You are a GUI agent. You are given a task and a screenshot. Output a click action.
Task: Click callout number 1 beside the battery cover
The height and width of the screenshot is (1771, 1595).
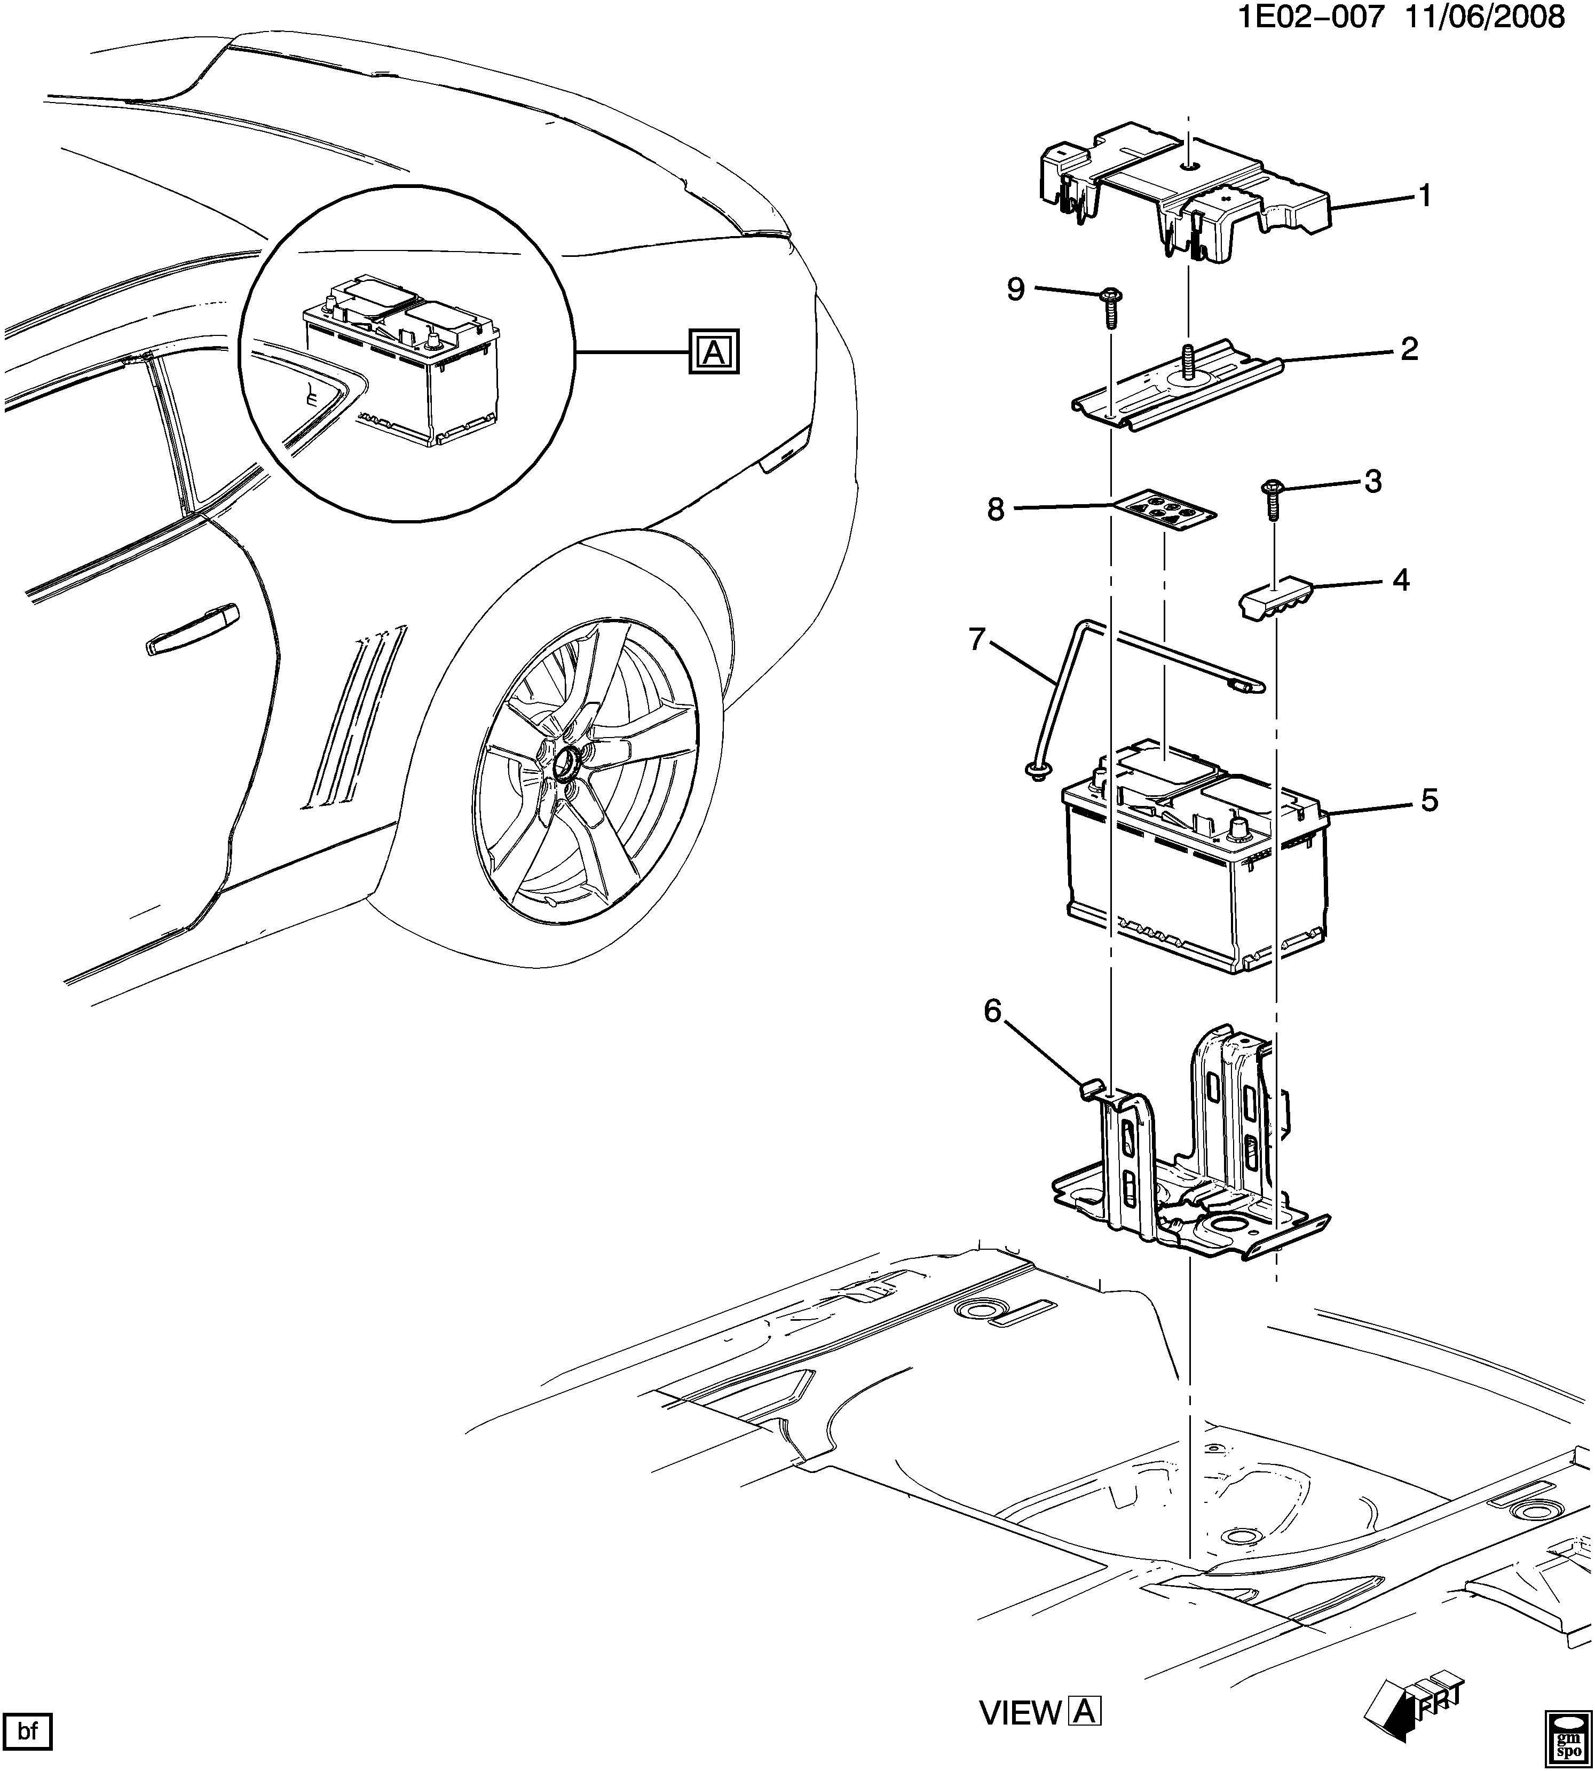pos(1425,195)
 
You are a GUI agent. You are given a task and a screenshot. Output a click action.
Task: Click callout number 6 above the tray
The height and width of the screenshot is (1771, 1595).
pos(992,1011)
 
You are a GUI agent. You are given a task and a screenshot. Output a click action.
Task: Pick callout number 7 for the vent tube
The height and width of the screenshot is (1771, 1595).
pos(977,640)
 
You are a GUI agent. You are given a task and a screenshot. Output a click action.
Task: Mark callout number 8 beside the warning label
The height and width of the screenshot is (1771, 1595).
pos(996,510)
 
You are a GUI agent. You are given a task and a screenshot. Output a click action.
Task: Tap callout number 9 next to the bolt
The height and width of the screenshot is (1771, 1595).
pos(1016,289)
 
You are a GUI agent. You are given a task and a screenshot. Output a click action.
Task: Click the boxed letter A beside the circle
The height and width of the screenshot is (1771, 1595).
pos(713,352)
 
